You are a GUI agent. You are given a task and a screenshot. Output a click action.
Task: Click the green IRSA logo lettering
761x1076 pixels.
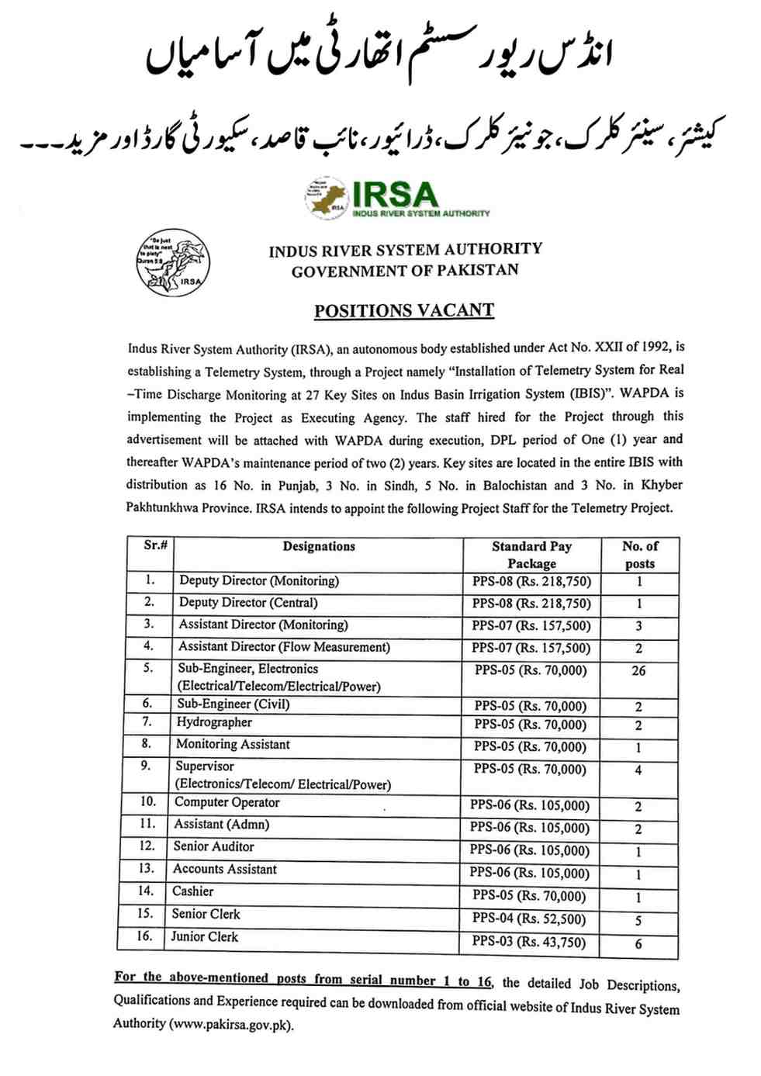tap(394, 194)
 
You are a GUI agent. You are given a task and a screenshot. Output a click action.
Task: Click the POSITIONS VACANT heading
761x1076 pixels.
tap(403, 310)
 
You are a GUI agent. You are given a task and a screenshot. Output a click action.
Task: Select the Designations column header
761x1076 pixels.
tap(319, 546)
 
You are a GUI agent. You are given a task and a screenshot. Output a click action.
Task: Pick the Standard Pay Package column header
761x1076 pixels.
tap(531, 555)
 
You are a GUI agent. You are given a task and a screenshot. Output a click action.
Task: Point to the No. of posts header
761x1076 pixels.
tap(640, 555)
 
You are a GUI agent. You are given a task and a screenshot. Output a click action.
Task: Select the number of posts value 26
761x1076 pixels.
tap(638, 670)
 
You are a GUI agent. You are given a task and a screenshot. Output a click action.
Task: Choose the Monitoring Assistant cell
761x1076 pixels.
tap(233, 744)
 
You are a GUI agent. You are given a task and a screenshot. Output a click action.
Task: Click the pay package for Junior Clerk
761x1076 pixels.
tap(529, 942)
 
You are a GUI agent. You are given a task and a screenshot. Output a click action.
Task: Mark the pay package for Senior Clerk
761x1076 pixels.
tap(529, 919)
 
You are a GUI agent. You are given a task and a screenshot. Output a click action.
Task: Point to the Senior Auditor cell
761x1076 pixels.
tap(213, 846)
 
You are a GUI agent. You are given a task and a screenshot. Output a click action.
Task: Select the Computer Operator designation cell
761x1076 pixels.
tap(227, 802)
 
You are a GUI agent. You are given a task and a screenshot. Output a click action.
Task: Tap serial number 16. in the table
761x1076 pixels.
tap(144, 936)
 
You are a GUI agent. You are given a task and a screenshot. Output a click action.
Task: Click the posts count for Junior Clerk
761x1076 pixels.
tap(638, 944)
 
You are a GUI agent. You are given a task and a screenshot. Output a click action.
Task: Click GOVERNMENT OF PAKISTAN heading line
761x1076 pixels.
tap(405, 271)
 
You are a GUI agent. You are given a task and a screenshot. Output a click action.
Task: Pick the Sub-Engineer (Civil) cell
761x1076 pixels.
tap(233, 704)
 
